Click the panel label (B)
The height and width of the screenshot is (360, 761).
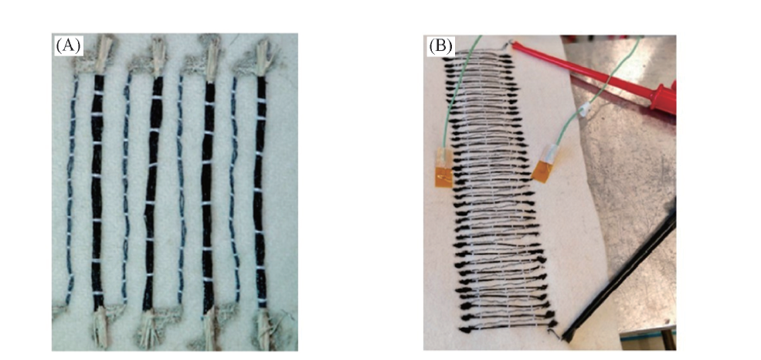[x=440, y=46]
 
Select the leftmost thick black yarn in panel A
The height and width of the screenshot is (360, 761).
[x=97, y=191]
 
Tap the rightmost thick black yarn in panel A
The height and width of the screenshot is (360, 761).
[x=261, y=191]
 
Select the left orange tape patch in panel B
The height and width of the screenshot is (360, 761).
[x=444, y=174]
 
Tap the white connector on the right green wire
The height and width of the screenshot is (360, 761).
[x=585, y=110]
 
